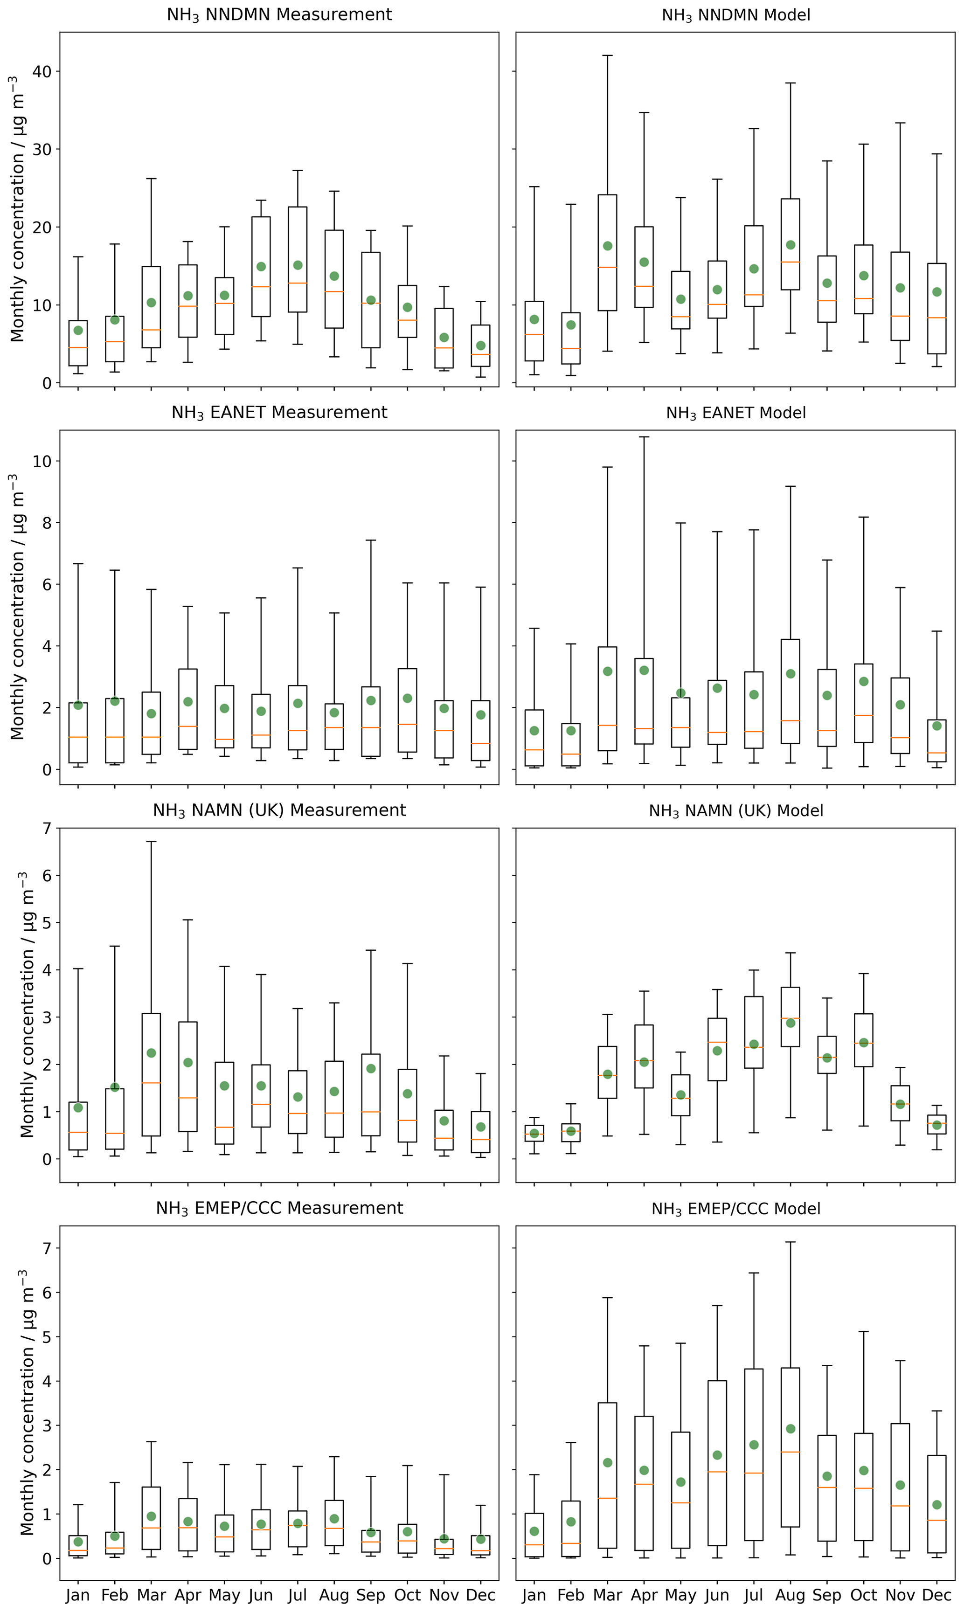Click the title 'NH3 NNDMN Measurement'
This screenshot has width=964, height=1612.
279,15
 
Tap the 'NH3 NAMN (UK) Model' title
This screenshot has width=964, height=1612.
735,810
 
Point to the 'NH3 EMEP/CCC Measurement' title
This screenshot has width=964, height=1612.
279,1208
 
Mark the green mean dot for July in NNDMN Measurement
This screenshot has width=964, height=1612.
298,265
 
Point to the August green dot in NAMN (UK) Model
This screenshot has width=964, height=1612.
791,1023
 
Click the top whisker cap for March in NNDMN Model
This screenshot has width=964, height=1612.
607,56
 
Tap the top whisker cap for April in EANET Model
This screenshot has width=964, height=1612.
644,437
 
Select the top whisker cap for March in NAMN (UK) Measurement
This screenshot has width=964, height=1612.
152,842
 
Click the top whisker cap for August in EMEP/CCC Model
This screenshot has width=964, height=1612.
791,1242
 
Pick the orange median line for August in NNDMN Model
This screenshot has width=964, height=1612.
791,262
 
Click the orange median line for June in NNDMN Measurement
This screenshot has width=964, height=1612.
261,286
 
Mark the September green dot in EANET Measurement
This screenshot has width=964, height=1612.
371,701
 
